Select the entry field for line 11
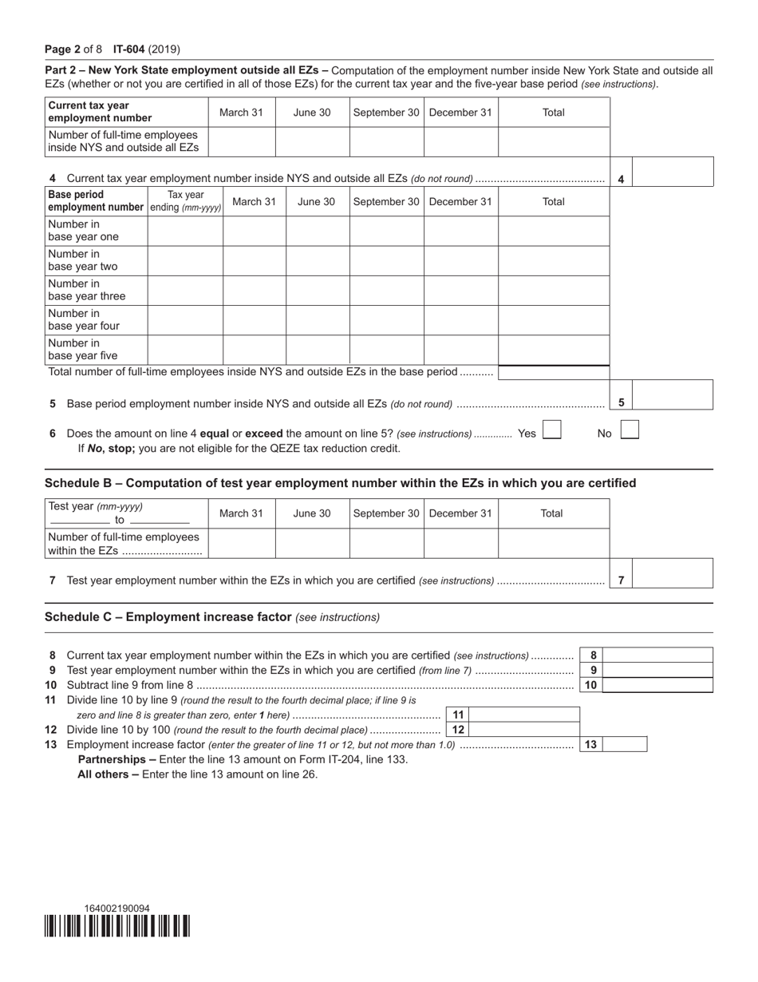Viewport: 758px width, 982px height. (x=523, y=715)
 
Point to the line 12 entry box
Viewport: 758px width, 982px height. (x=523, y=730)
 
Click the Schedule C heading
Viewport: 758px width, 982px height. (x=212, y=617)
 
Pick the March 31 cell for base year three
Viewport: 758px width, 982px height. (x=254, y=290)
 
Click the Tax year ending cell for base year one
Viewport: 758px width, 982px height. (x=185, y=231)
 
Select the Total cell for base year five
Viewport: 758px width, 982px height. (x=554, y=349)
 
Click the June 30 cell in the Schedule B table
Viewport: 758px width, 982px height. (x=312, y=543)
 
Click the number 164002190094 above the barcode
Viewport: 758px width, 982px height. (x=116, y=909)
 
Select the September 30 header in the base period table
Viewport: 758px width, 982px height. (x=386, y=201)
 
